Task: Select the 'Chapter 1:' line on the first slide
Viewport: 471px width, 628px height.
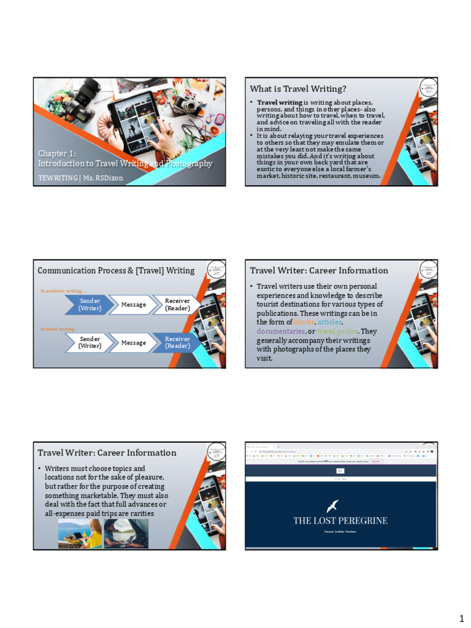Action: click(57, 154)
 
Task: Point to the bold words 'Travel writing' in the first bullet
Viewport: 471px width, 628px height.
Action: click(279, 102)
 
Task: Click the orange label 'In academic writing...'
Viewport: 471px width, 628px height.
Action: click(63, 291)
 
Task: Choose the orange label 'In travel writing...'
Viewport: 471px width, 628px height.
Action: click(59, 329)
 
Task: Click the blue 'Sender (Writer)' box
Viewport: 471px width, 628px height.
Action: click(90, 305)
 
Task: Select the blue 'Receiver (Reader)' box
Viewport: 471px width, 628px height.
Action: click(177, 343)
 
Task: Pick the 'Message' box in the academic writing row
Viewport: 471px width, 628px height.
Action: click(133, 305)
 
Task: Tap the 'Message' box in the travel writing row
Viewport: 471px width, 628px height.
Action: click(133, 343)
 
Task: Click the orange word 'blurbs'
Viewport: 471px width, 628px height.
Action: click(304, 322)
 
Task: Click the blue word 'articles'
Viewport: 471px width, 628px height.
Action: click(330, 322)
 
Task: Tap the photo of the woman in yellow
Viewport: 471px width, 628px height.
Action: click(79, 534)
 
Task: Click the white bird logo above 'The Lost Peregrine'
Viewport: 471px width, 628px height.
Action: click(332, 506)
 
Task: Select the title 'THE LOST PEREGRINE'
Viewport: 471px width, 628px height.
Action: click(340, 521)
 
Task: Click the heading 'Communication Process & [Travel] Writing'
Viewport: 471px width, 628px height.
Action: click(116, 270)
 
